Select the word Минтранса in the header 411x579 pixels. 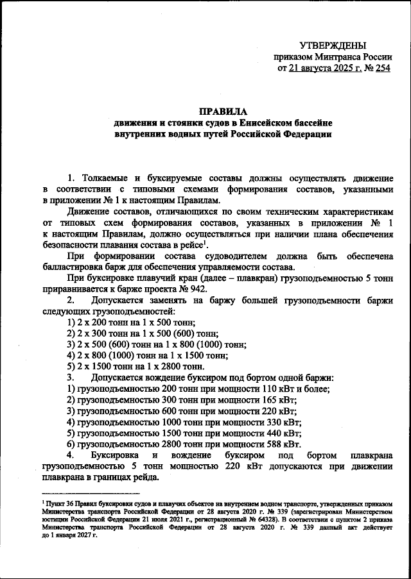pos(342,56)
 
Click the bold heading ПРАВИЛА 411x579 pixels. pos(223,111)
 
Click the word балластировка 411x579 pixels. pos(73,267)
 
